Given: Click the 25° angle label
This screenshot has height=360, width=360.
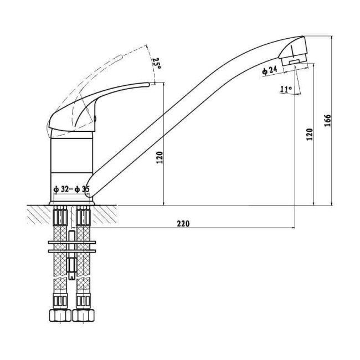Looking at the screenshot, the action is click(157, 63).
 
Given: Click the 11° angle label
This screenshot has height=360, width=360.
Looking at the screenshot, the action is click(286, 89).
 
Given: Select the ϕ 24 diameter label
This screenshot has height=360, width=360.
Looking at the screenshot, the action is click(270, 70).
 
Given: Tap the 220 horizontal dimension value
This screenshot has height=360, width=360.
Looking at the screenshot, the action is click(183, 223).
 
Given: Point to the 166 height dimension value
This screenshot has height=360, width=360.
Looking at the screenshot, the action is click(327, 120).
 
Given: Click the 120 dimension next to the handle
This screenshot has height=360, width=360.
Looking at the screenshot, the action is click(160, 157).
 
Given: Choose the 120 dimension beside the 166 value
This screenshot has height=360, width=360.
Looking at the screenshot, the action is click(310, 135).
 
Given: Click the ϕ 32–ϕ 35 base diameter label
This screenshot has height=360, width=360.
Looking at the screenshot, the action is click(71, 189).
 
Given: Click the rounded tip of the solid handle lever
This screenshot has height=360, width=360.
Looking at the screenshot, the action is click(148, 85).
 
